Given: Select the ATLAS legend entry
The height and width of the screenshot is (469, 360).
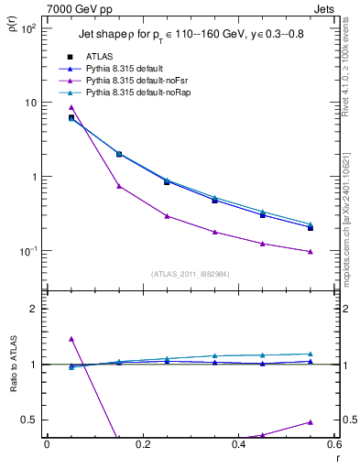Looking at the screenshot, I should tap(99, 57).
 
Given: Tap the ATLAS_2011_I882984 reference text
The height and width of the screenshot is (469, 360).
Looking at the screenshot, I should tap(190, 273).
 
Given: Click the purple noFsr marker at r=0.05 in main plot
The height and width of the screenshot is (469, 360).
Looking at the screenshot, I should tap(71, 107).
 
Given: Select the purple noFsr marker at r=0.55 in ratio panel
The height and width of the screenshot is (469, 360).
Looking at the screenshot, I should tap(311, 422).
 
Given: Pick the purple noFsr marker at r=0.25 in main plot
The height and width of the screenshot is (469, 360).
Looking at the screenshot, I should tap(167, 216).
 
